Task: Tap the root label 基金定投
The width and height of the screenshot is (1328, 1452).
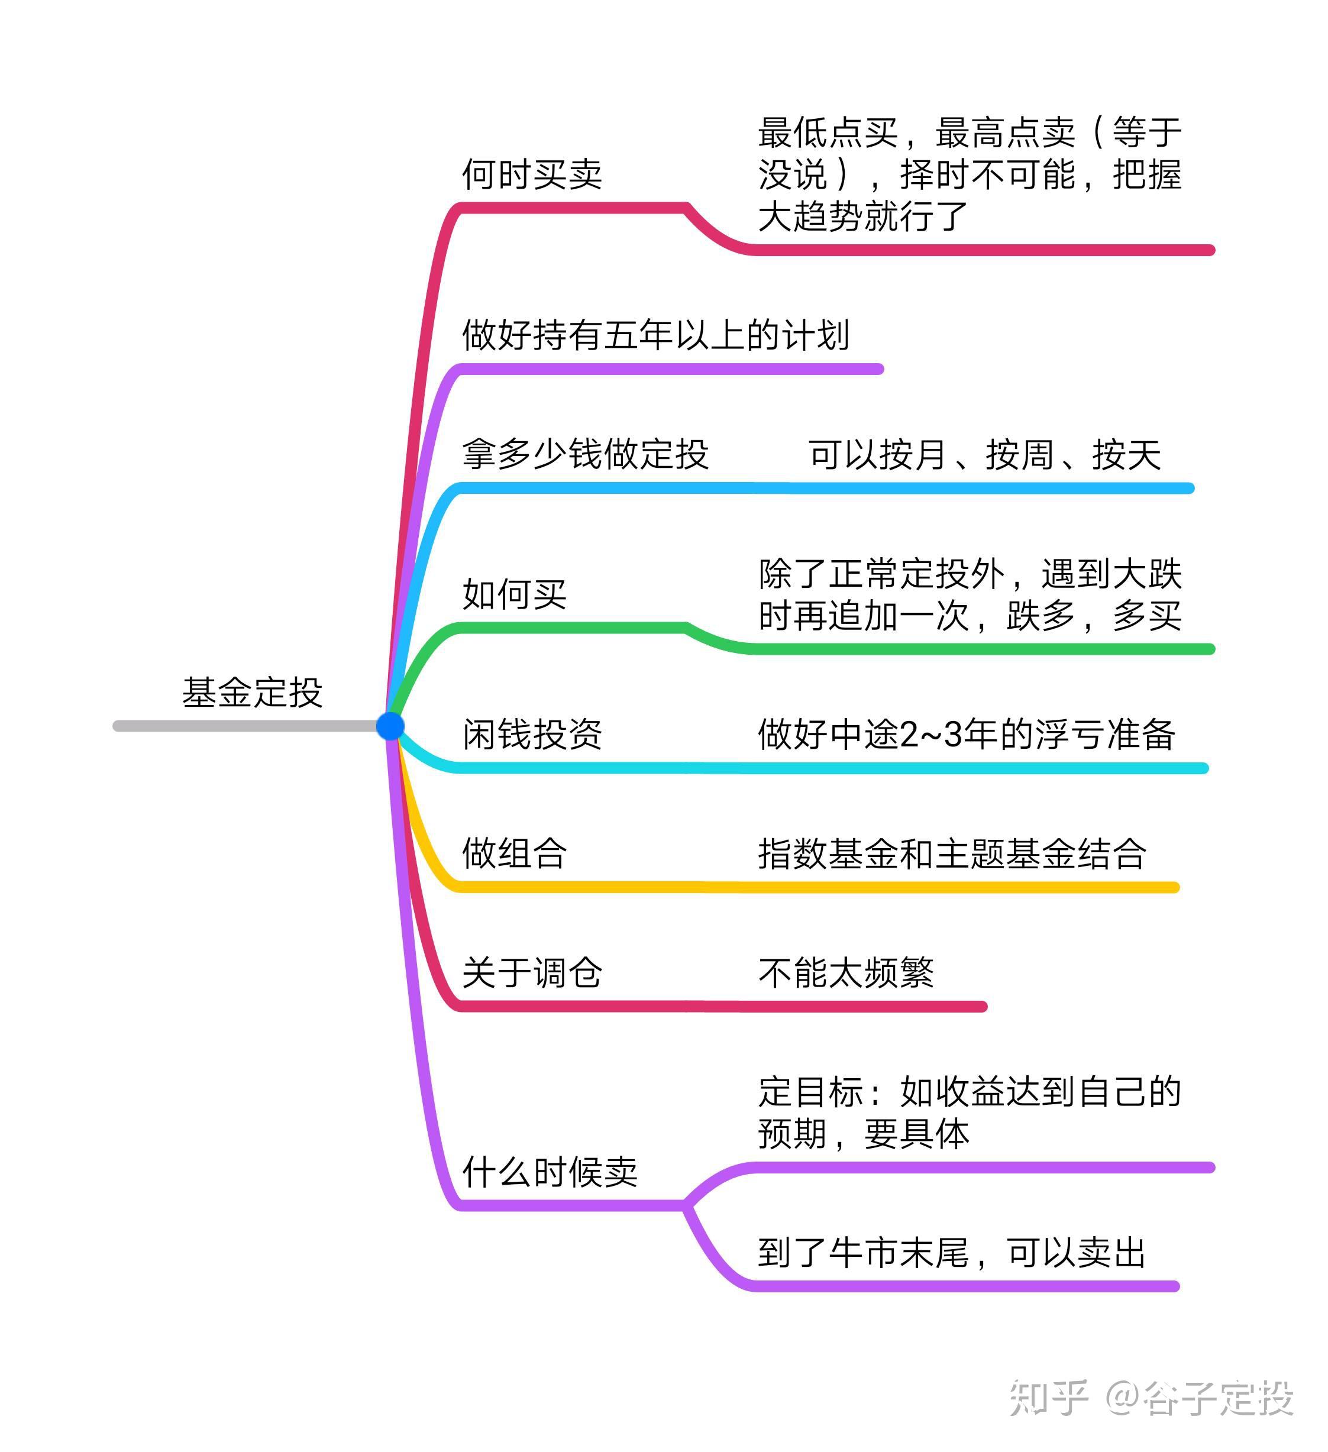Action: [252, 692]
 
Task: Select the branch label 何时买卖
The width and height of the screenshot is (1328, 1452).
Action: [531, 174]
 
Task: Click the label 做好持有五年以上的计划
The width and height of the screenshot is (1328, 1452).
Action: [655, 335]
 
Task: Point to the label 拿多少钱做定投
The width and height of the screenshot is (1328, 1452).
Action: [585, 454]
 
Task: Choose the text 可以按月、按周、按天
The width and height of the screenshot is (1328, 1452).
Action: [984, 454]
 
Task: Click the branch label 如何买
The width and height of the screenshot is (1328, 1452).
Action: [514, 594]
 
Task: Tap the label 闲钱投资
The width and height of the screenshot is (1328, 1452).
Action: [531, 735]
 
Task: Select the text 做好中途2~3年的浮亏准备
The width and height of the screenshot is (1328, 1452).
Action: [966, 735]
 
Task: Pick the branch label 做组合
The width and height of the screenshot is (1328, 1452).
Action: [514, 853]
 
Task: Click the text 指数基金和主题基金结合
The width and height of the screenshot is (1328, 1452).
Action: [951, 853]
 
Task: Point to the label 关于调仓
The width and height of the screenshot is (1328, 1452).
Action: [531, 972]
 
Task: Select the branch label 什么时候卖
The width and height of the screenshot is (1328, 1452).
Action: [550, 1172]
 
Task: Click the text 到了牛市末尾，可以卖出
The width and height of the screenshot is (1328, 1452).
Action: [951, 1253]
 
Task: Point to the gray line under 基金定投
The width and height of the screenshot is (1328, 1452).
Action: [245, 726]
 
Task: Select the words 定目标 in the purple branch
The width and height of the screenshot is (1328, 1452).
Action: [811, 1092]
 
